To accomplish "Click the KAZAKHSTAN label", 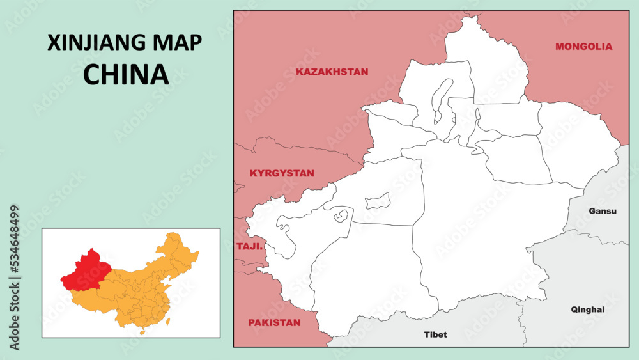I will coord(332,72).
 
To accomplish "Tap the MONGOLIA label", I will coord(583,46).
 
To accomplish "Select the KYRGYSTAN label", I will coord(282,173).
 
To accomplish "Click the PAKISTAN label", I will coord(274,323).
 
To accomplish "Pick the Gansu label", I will coord(603,211).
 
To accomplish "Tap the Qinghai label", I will coord(587,309).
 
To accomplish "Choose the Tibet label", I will coord(436,334).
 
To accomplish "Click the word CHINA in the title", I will coord(126,75).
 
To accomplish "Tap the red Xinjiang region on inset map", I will coord(86,269).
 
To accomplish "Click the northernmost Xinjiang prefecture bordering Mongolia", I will coord(486,61).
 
